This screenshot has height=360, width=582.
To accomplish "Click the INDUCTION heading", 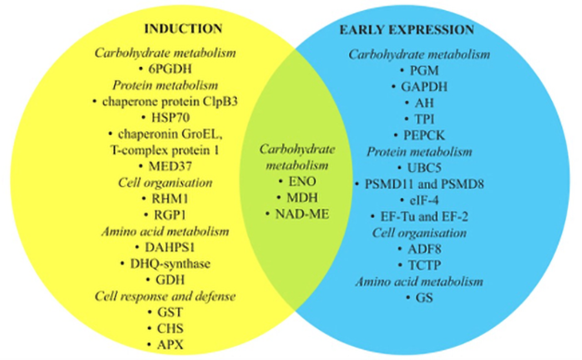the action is click(x=183, y=29).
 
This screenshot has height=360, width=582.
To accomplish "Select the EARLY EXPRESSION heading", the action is click(x=407, y=30).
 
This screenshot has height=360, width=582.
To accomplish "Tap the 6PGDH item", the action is click(x=170, y=69).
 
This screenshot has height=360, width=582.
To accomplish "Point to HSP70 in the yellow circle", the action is click(x=170, y=118).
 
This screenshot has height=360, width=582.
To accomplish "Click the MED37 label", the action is click(x=170, y=166).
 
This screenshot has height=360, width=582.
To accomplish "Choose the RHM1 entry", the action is click(x=170, y=199).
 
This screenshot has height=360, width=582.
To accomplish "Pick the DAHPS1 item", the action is click(x=170, y=247).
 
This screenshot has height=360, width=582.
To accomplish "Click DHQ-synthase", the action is click(x=170, y=263).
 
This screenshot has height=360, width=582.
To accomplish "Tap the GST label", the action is click(x=170, y=312).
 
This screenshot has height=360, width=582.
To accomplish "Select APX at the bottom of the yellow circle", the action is click(x=170, y=345).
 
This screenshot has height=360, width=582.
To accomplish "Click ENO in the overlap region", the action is click(x=302, y=181).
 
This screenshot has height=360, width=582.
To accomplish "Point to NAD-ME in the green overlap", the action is click(x=302, y=214).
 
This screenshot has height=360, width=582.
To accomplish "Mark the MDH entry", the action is click(x=302, y=198).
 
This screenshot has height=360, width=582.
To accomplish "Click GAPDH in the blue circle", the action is click(x=424, y=87).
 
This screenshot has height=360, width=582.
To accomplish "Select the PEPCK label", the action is click(x=424, y=135).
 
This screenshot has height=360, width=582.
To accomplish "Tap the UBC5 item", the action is click(x=424, y=168).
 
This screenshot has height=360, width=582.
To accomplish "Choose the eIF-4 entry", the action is click(x=424, y=200).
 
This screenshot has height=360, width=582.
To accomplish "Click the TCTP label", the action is click(x=424, y=266).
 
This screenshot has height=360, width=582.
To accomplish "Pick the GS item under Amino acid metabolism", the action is click(x=424, y=297).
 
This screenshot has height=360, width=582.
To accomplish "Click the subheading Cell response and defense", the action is click(x=165, y=297).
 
